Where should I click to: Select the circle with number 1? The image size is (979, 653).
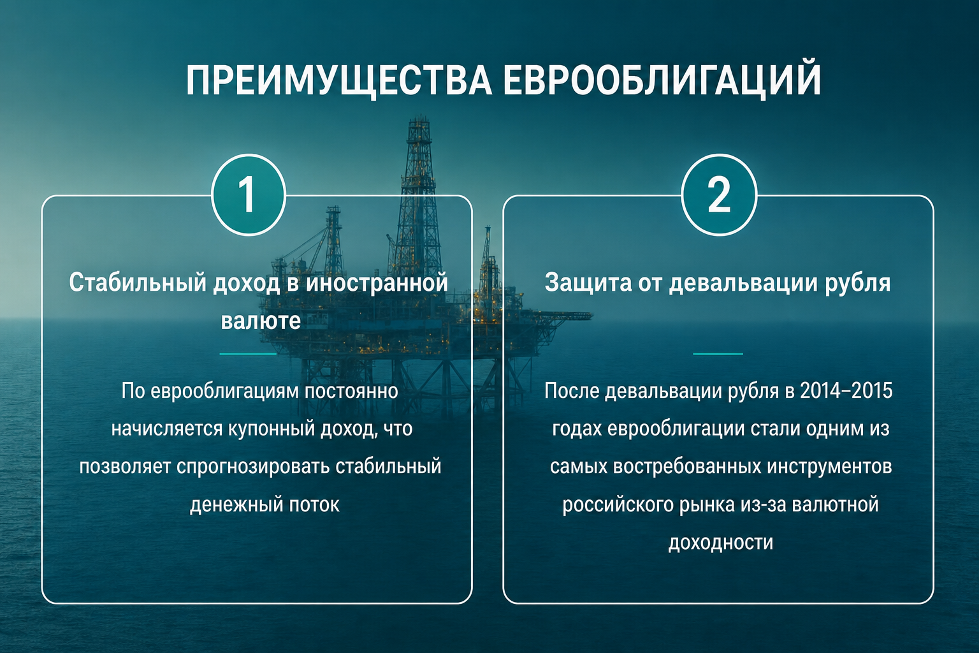click(x=248, y=195)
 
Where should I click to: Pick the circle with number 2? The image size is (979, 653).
click(x=719, y=195)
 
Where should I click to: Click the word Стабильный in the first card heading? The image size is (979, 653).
click(x=138, y=282)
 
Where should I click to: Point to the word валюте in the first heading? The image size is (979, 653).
click(x=261, y=320)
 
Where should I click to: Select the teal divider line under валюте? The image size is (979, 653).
click(x=248, y=353)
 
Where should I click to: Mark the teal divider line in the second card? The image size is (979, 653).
click(x=718, y=353)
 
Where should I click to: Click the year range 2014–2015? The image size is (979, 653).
click(x=846, y=390)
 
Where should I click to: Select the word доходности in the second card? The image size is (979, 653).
click(x=721, y=543)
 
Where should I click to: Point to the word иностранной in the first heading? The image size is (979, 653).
click(x=377, y=282)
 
